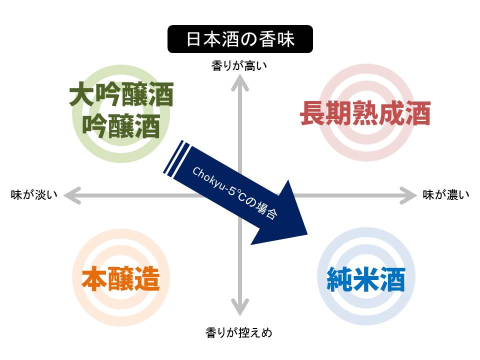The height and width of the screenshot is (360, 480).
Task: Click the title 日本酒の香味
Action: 240,39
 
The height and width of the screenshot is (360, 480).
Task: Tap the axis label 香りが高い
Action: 239,66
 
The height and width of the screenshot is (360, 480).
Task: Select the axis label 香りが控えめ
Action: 239,332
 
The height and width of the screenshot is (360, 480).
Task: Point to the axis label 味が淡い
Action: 34,194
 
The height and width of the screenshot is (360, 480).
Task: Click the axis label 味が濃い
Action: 446,194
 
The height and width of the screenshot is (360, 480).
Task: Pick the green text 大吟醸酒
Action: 121,94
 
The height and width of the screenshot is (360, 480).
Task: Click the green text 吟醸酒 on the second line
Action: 121,126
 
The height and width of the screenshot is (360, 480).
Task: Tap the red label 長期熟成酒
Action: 365,113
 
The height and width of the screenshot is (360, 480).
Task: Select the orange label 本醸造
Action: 121,278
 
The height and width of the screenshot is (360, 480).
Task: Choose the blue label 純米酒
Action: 366,279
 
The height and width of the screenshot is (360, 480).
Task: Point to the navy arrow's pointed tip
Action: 307,234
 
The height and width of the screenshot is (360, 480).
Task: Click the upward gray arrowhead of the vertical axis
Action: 239,82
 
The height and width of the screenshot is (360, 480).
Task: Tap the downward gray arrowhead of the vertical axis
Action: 239,306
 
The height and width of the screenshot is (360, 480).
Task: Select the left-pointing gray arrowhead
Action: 72,195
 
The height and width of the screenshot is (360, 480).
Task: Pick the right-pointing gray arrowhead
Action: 408,195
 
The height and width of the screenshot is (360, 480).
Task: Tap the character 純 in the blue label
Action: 340,279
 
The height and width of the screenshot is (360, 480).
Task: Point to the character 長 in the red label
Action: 313,113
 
